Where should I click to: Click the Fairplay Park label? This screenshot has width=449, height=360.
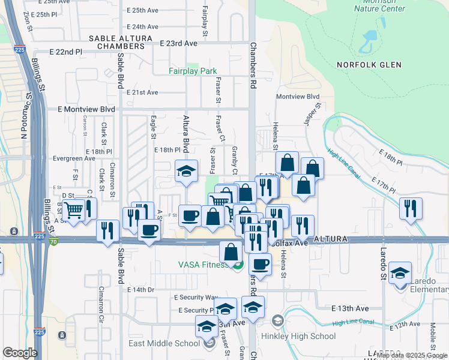click(192, 71)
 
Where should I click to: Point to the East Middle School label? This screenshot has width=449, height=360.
click(164, 344)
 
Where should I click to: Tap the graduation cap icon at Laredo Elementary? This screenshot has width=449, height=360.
click(400, 274)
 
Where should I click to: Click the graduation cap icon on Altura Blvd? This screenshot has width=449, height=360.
click(186, 172)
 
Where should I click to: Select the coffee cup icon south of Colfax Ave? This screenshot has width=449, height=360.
click(260, 264)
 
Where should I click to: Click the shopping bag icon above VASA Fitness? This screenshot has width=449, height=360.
click(231, 252)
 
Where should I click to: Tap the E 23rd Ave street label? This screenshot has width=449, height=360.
click(179, 44)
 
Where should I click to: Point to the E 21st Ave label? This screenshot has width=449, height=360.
click(142, 92)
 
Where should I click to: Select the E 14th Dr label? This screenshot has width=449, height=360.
click(141, 290)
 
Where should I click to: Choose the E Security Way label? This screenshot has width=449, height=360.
click(196, 298)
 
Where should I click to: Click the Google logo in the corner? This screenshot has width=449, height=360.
click(20, 353)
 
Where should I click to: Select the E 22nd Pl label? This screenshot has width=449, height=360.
click(69, 53)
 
